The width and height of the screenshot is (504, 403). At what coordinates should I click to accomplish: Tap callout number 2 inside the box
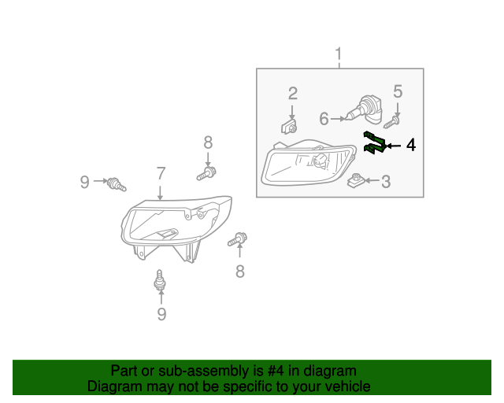pos(292,93)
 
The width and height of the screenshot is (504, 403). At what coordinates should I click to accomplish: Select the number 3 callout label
pos(386,183)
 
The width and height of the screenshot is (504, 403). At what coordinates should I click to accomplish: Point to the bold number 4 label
pos(410,146)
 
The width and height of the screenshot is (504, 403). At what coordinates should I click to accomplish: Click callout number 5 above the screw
pos(398,92)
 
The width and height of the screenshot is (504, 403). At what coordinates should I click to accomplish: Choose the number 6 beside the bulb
pos(324,119)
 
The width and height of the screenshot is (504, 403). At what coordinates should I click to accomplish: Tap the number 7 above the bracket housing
pos(161,174)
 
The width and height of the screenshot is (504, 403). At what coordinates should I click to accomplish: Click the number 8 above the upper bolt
pos(208,142)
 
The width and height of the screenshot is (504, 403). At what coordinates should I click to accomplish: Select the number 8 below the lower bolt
pos(239,272)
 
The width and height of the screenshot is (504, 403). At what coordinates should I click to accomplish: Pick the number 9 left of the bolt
pos(85,183)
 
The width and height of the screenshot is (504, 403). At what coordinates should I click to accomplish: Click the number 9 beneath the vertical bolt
pos(161,314)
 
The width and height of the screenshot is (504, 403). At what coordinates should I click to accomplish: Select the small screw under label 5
pos(392,121)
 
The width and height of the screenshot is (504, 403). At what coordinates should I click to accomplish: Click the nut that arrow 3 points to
pos(356,182)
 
